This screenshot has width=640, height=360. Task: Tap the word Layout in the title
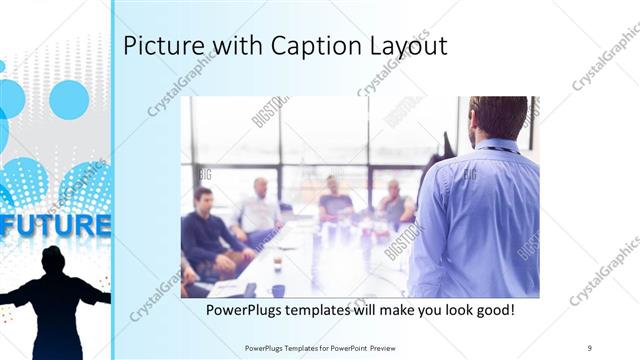tap(402, 46)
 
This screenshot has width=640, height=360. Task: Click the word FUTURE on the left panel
tap(55, 224)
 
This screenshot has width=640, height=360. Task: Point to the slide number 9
tap(590, 346)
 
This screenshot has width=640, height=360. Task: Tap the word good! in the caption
tap(494, 311)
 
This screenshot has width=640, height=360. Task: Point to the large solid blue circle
tap(69, 100)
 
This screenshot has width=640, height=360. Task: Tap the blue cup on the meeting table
tap(278, 291)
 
